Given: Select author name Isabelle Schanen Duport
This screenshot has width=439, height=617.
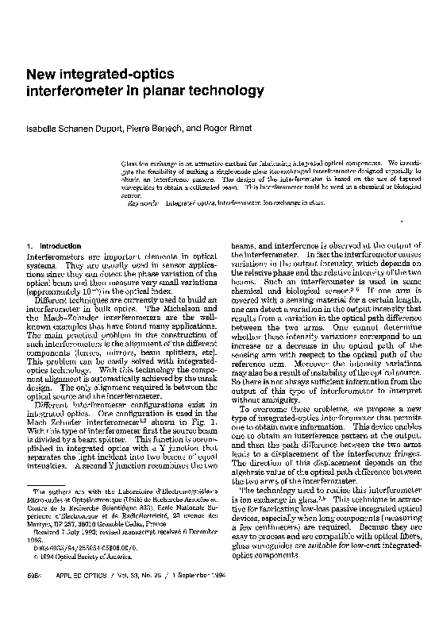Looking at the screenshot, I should coord(71,128).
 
